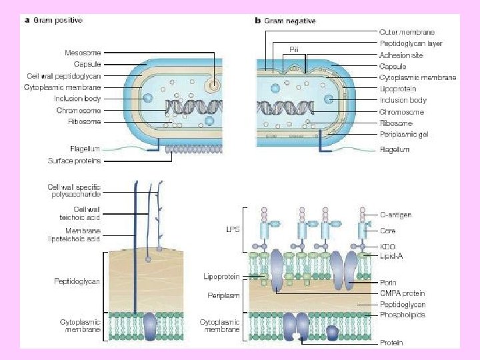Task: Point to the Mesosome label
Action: pyautogui.click(x=82, y=52)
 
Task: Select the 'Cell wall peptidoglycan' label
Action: pyautogui.click(x=64, y=76)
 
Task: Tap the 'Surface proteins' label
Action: pyautogui.click(x=74, y=161)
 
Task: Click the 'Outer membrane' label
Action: pyautogui.click(x=406, y=31)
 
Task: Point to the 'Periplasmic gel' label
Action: pyautogui.click(x=404, y=135)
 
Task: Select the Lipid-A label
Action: pyautogui.click(x=391, y=255)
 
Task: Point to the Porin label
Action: pyautogui.click(x=388, y=283)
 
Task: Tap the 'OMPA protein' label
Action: pyautogui.click(x=401, y=293)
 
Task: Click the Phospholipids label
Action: pyautogui.click(x=401, y=315)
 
